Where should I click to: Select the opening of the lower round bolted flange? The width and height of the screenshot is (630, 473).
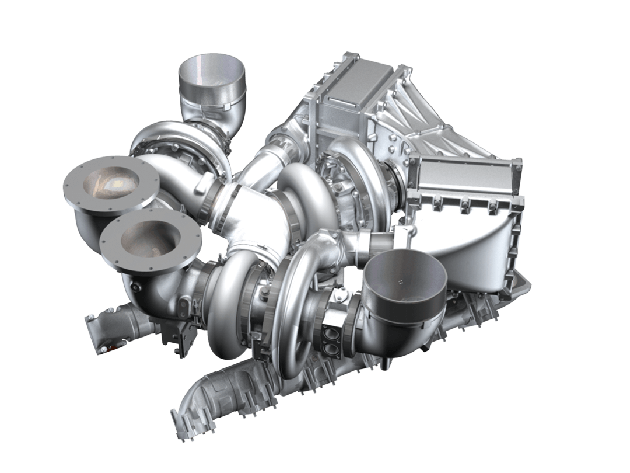coord(150,238)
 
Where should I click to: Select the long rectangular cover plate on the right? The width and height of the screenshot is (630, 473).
coord(467,175)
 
